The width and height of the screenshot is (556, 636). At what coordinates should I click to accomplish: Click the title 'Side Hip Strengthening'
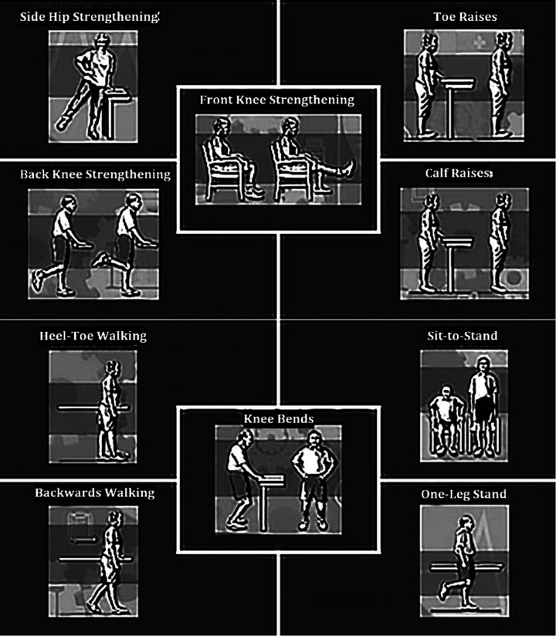[x=90, y=17]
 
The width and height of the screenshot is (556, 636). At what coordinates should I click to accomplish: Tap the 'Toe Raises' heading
[x=465, y=17]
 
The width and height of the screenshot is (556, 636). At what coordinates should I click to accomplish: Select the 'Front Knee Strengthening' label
[x=276, y=100]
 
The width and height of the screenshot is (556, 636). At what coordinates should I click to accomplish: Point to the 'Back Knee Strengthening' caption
[x=96, y=174]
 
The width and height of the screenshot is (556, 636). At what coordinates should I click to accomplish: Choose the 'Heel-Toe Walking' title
[x=93, y=336]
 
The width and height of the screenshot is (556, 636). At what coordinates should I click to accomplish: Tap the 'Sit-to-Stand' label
[x=463, y=336]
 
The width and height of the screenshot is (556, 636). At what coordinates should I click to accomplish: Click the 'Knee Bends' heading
[x=279, y=418]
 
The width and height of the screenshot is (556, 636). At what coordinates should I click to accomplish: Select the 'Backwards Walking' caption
[x=94, y=492]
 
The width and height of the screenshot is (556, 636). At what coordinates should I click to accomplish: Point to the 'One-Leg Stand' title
[x=463, y=494]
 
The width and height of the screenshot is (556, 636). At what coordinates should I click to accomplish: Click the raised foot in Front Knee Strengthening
[x=348, y=168]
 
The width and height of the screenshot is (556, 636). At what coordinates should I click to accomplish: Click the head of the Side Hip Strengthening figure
[x=102, y=42]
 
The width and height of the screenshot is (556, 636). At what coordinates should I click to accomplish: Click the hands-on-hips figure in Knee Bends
[x=314, y=480]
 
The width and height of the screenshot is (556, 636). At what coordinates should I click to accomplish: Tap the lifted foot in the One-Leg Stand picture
[x=443, y=591]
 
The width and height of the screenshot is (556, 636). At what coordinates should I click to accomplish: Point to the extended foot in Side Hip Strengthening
[x=63, y=123]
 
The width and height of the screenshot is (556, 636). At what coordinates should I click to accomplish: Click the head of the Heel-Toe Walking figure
[x=114, y=368]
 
